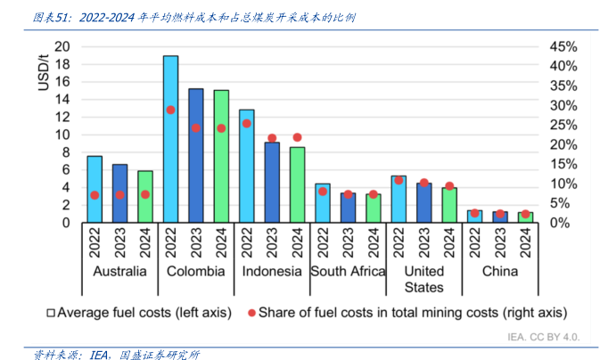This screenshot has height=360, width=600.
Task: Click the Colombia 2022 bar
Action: point(170,139)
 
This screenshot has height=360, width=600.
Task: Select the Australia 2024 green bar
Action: point(145,197)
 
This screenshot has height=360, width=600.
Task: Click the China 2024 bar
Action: point(526,217)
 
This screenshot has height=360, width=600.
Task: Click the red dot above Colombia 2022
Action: point(170,110)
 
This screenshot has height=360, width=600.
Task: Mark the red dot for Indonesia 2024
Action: point(298,137)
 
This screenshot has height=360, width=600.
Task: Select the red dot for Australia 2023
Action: point(119,195)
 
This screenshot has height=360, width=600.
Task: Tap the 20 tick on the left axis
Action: point(62,46)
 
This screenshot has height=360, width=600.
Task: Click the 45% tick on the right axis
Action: point(563,46)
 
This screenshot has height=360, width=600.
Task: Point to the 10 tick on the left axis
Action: point(62,135)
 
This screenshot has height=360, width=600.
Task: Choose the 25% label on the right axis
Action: point(563,125)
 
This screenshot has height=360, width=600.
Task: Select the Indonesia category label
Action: point(272,271)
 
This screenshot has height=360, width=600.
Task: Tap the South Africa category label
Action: point(348,271)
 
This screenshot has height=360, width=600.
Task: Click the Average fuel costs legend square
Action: point(51,312)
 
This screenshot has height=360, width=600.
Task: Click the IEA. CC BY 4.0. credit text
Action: point(544,337)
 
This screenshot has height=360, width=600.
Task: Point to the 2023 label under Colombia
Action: point(196,241)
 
